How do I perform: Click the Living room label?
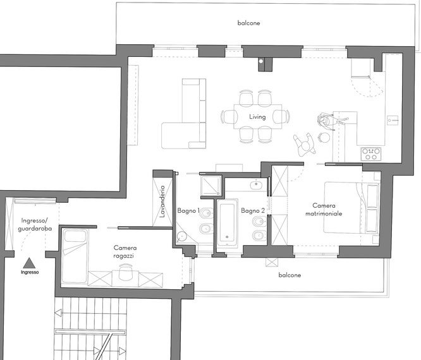[x=257, y=117]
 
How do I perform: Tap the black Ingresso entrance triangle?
[x=29, y=263]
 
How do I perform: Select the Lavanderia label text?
[x=162, y=201]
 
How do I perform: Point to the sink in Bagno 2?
[x=257, y=184]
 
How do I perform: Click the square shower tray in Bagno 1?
[x=210, y=186]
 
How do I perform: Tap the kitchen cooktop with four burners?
[x=371, y=154]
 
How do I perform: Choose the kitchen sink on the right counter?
[x=393, y=120]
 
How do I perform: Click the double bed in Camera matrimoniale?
[x=351, y=208]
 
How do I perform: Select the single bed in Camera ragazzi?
[x=75, y=256]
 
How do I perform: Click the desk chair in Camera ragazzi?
[x=126, y=272]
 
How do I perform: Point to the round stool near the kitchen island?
[x=324, y=138]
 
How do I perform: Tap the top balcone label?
[x=248, y=23]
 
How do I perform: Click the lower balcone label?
[x=290, y=275]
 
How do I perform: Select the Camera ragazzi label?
[x=125, y=251]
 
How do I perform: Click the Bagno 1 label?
[x=188, y=211]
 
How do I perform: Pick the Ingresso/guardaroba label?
[x=35, y=225]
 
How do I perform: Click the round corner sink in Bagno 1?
[x=182, y=236]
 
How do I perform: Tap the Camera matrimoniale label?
[x=324, y=210]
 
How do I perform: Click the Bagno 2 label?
[x=253, y=211]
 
